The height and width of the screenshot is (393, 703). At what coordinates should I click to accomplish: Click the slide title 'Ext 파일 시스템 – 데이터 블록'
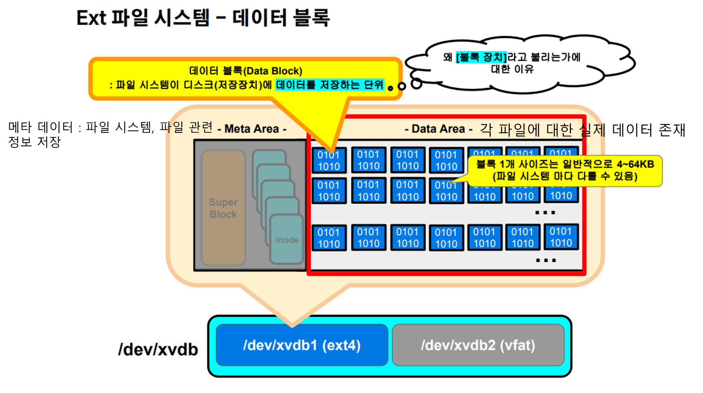pos(203,18)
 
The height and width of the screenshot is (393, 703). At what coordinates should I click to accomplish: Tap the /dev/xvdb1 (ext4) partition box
pos(301,345)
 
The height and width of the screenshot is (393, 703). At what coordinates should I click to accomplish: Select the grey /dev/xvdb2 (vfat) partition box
pos(478,345)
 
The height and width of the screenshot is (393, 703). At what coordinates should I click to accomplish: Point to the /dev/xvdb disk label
pos(158,350)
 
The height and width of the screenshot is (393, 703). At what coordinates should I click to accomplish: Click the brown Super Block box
pos(223,208)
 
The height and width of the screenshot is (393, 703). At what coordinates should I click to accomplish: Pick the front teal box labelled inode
pos(287,240)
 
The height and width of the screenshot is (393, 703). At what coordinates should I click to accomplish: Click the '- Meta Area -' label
pos(252,129)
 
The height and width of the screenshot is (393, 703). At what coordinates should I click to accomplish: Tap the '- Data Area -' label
pos(438,129)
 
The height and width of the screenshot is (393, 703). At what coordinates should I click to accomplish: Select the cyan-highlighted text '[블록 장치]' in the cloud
pos(481,57)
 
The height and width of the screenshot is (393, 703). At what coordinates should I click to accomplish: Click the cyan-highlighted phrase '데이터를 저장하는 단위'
pos(329,85)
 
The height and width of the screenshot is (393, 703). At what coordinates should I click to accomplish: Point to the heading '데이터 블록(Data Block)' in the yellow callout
pos(246,71)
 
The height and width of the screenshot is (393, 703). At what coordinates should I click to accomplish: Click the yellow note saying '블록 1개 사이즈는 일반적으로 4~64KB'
pos(565,164)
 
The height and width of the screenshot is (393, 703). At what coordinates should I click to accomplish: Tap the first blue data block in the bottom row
pos(329,238)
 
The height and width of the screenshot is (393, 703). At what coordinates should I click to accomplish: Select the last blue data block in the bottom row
pos(561,237)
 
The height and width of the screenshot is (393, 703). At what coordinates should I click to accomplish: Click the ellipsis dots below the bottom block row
pos(546,261)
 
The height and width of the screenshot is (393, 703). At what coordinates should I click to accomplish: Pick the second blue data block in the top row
pos(368,160)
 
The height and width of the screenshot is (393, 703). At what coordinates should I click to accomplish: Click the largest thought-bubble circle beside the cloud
pos(416,84)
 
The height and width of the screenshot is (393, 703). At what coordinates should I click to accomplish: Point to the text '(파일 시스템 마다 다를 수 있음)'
pos(565,176)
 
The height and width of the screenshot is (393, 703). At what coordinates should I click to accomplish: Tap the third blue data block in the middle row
pos(407,191)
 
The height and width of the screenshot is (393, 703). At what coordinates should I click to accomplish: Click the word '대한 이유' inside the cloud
pos(512,69)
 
